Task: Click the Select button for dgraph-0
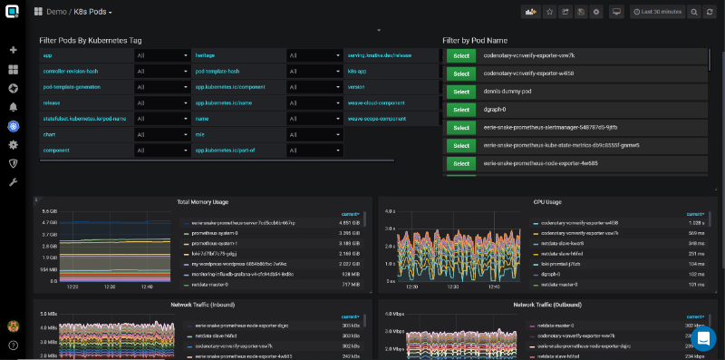tap(460, 109)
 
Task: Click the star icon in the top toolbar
tap(548, 13)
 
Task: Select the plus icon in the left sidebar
tap(14, 50)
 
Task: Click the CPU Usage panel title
tap(546, 201)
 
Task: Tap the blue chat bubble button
tap(703, 338)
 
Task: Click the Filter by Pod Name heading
tap(475, 41)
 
